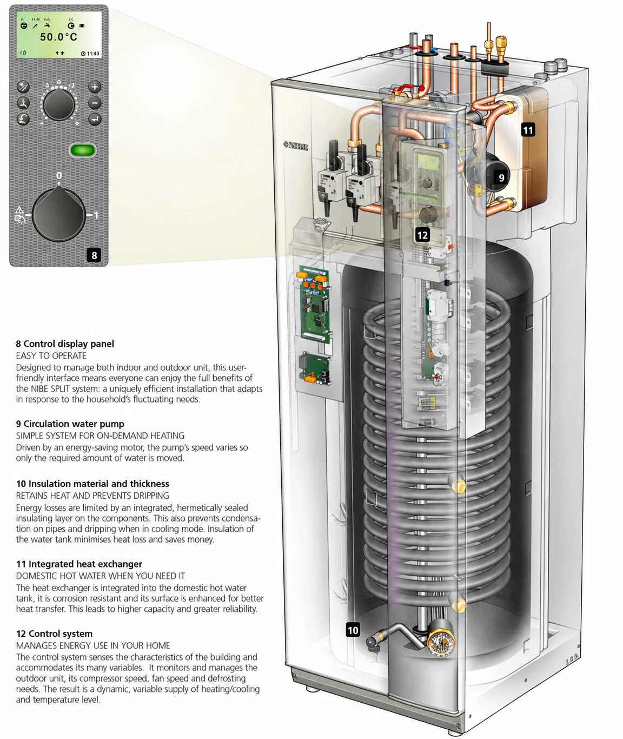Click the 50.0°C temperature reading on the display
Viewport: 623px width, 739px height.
(58, 36)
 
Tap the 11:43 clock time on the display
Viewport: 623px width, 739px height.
(93, 54)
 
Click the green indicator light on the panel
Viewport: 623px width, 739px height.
(83, 150)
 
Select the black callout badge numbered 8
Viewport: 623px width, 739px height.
(94, 255)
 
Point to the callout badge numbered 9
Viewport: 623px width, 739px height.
(501, 177)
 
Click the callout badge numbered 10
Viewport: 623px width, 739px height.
(353, 630)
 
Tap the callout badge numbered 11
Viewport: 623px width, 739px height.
(528, 130)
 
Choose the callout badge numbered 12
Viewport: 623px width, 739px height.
(422, 235)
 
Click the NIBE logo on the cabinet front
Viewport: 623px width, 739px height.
(296, 146)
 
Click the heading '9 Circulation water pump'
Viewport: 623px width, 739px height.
(70, 424)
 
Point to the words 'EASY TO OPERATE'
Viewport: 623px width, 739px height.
(51, 355)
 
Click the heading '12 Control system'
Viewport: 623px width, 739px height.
(54, 634)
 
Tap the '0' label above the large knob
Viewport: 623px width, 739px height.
(59, 175)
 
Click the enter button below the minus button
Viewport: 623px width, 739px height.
(95, 119)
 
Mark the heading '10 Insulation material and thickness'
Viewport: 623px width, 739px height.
(92, 484)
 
